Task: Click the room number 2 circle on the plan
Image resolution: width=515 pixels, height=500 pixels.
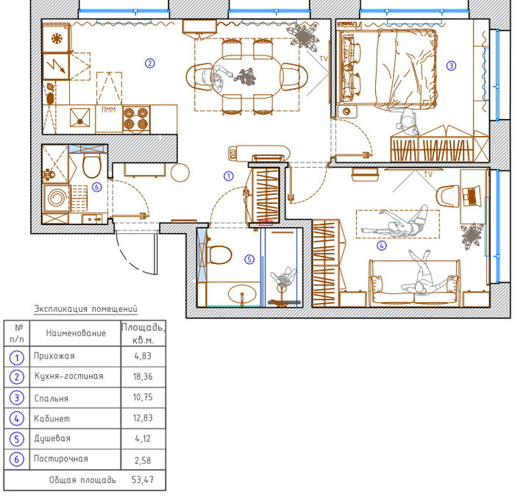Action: point(150,63)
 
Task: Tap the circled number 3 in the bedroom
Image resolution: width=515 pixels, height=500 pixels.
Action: point(451,65)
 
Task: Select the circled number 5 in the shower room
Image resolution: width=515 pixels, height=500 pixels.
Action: point(249,260)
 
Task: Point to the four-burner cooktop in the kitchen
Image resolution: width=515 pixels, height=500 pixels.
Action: point(136,119)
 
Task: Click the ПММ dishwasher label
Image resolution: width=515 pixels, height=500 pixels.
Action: point(108,110)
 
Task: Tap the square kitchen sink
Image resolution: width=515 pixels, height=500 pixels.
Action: point(79,118)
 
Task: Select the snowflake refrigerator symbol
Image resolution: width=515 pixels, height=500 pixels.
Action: point(57,39)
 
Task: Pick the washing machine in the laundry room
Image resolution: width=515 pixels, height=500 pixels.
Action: point(56,198)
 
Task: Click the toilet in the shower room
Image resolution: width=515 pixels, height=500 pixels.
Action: point(219,255)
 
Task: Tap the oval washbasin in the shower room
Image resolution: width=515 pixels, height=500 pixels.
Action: point(242,294)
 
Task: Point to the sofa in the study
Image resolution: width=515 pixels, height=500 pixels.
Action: point(415,283)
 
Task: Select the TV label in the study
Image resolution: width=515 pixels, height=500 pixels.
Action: point(428,175)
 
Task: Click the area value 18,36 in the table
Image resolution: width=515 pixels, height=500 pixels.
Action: point(143,376)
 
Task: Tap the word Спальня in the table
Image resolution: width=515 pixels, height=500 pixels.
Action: point(51,399)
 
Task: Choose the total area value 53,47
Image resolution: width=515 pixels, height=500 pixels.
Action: point(143,480)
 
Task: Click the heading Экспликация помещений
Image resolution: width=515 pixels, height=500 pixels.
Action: point(86,309)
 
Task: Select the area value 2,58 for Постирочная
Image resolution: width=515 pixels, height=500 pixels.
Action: point(143,460)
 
